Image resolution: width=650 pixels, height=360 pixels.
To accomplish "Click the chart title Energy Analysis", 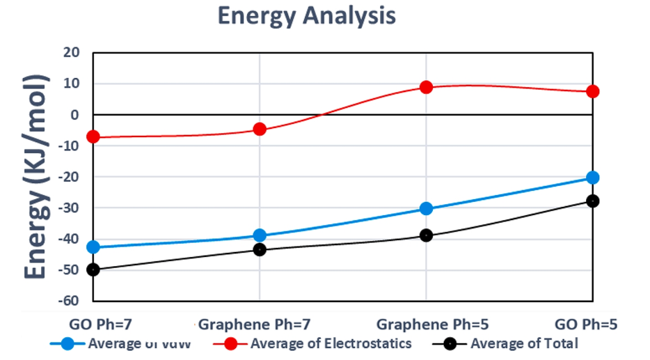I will pyautogui.click(x=307, y=16).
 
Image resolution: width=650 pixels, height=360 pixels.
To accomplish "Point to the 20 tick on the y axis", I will pyautogui.click(x=72, y=53).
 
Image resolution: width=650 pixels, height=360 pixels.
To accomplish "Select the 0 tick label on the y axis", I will pyautogui.click(x=77, y=115).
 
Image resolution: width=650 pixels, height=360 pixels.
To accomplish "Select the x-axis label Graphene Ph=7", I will pyautogui.click(x=254, y=324).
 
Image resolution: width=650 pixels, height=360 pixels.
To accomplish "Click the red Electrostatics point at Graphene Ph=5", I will pyautogui.click(x=426, y=87).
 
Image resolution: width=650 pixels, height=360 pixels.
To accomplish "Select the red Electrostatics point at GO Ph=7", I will pyautogui.click(x=93, y=136).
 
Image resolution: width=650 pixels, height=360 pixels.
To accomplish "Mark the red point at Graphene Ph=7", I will pyautogui.click(x=260, y=129).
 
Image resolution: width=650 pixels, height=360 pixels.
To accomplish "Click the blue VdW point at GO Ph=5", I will pyautogui.click(x=592, y=178).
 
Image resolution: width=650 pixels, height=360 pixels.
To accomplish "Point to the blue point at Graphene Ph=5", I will pyautogui.click(x=426, y=209).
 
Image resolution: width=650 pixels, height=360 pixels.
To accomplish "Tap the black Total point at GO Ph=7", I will pyautogui.click(x=93, y=269).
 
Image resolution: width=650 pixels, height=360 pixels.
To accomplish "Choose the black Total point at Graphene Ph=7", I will pyautogui.click(x=260, y=249).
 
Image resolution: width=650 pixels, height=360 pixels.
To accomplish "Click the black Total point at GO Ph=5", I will pyautogui.click(x=592, y=201).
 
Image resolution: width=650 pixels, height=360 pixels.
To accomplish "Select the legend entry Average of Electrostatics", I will pyautogui.click(x=331, y=343).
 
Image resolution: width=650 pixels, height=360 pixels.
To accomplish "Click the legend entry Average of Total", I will pyautogui.click(x=523, y=343).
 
